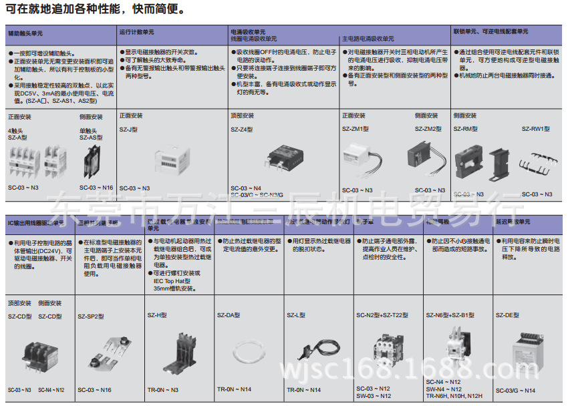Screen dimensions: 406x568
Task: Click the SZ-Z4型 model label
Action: click(241, 129)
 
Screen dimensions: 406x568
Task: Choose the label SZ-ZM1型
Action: click(354, 129)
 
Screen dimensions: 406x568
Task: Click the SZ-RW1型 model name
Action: click(536, 129)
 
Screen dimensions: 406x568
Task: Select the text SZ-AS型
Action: click(91, 137)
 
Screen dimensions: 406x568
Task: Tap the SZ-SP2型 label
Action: click(91, 316)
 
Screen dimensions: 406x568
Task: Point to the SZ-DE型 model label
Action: click(507, 315)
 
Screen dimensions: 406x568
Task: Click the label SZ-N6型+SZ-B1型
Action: click(450, 315)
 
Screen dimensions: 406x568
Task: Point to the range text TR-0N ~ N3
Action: click(162, 390)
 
